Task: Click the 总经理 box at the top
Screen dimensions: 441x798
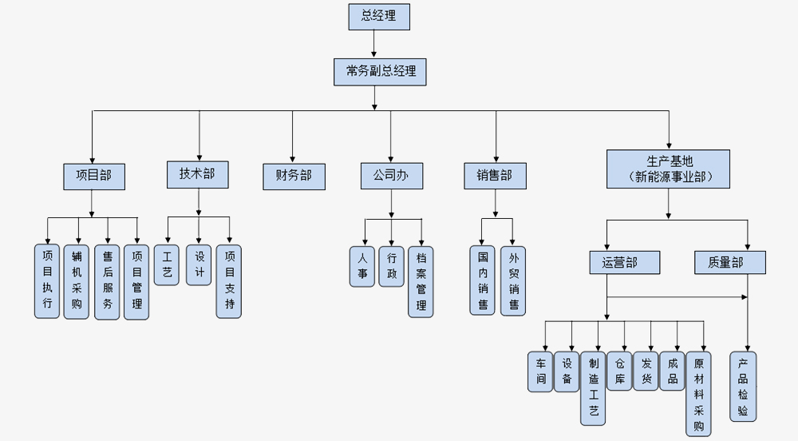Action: tap(380, 17)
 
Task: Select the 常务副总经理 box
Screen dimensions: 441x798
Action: tap(381, 71)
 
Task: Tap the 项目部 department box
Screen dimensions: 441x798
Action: tap(94, 176)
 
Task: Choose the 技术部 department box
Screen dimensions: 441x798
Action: tap(197, 175)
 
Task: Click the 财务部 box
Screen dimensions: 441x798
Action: tap(294, 176)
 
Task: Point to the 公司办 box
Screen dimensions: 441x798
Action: tap(391, 176)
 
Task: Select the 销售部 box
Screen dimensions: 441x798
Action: tap(495, 176)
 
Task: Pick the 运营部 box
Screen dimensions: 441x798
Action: tap(614, 262)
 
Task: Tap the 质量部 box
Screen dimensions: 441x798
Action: tap(725, 262)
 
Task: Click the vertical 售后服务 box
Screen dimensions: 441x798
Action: tap(107, 281)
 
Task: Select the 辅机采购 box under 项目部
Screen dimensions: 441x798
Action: tap(77, 281)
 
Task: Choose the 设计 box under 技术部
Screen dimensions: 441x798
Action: tap(199, 265)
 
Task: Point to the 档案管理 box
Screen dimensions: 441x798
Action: tap(421, 281)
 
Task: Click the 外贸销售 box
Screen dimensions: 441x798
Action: tap(513, 280)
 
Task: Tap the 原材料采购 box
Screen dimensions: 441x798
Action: tap(698, 393)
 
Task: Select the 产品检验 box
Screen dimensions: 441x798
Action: tap(743, 386)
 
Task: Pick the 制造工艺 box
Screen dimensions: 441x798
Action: tap(593, 387)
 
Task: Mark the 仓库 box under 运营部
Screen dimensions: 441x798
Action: tap(619, 370)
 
